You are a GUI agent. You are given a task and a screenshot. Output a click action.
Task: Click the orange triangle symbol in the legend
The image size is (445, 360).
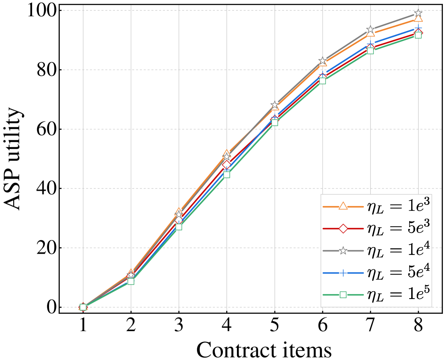click(343, 206)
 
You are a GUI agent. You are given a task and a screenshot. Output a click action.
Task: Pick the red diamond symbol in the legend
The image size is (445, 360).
click(343, 229)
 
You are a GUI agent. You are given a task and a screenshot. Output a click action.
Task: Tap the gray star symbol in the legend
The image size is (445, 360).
click(343, 251)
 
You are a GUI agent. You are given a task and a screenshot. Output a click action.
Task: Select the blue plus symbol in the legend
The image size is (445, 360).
click(343, 273)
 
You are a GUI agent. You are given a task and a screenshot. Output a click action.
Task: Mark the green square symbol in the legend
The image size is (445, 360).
click(343, 295)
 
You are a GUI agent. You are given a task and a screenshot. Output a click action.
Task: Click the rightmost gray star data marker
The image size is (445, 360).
click(418, 13)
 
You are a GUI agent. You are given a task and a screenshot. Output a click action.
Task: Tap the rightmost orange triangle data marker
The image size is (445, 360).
click(418, 18)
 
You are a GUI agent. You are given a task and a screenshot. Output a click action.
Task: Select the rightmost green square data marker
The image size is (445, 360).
click(418, 35)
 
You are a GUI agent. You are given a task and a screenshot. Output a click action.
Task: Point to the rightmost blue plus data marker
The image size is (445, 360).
click(418, 28)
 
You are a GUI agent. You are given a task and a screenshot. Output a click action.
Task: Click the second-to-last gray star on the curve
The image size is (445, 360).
click(370, 29)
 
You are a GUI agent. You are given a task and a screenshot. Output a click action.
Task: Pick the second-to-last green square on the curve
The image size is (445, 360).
click(370, 51)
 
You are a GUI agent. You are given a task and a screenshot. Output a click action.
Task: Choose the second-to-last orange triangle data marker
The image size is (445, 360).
click(370, 33)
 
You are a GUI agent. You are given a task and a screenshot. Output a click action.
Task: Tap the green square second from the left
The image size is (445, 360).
click(131, 281)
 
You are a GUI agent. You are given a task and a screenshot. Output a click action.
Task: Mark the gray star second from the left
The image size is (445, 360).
click(131, 275)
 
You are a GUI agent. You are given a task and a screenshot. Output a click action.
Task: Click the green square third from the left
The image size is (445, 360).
click(178, 227)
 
